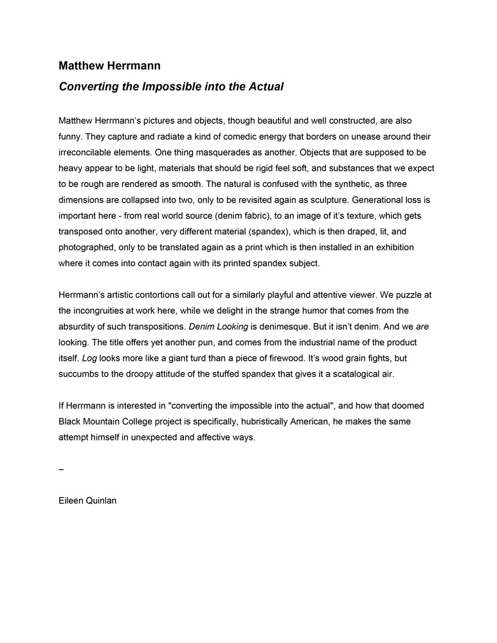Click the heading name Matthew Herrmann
pos(110,66)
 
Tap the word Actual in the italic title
pos(264,86)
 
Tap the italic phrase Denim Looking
pos(218,327)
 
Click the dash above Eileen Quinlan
pos(61,469)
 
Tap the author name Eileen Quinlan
pos(87,501)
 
